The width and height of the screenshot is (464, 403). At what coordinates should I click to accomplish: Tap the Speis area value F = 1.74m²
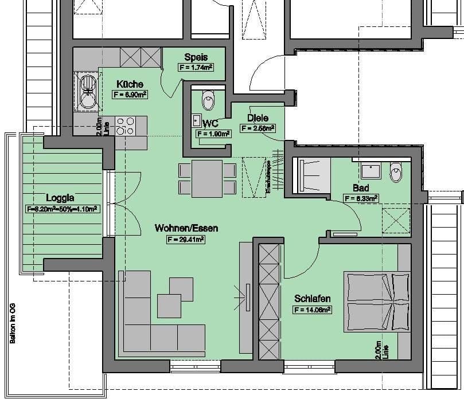click(x=196, y=68)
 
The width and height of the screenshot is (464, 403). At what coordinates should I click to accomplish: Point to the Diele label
click(x=258, y=118)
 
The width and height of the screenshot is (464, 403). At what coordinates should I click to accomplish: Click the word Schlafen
click(x=312, y=299)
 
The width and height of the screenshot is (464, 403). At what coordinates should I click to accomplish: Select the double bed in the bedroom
click(x=377, y=301)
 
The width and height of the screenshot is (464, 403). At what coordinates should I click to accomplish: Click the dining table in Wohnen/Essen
click(x=207, y=178)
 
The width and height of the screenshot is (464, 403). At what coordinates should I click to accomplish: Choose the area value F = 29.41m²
click(x=186, y=239)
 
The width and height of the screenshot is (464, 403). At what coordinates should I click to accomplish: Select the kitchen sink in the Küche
click(x=87, y=92)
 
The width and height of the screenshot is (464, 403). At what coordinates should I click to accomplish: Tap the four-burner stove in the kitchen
click(x=124, y=126)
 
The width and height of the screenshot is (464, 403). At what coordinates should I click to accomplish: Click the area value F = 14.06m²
click(x=312, y=310)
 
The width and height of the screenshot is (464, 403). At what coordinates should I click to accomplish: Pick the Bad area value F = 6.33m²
click(x=361, y=198)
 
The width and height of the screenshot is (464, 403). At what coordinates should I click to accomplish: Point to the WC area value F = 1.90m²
click(x=213, y=134)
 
